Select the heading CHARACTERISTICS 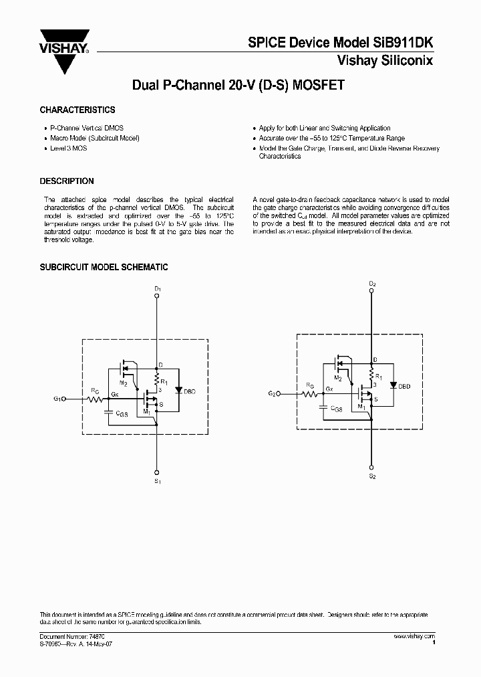(x=77, y=110)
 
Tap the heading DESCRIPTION (x=67, y=181)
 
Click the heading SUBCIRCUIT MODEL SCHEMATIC (x=104, y=268)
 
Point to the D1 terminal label (x=158, y=288)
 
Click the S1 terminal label (x=158, y=480)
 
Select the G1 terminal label (x=58, y=399)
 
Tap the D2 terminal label (x=372, y=284)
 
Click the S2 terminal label (x=372, y=476)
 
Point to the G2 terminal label (x=273, y=394)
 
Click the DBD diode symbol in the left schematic (x=178, y=389)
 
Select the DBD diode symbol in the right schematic (x=393, y=385)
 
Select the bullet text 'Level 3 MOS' (x=69, y=148)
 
